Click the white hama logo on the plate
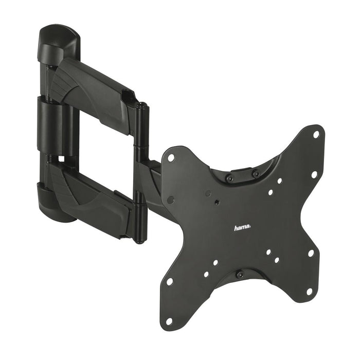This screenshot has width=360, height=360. point(243,227)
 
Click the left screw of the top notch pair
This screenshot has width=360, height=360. point(230,178)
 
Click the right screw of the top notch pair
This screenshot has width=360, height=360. point(256,174)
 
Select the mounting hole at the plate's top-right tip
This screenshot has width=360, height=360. point(316,135)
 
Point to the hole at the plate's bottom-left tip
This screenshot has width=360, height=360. point(168,320)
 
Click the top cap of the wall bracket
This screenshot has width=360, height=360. point(58,41)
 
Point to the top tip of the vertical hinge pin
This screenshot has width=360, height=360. point(141,106)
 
